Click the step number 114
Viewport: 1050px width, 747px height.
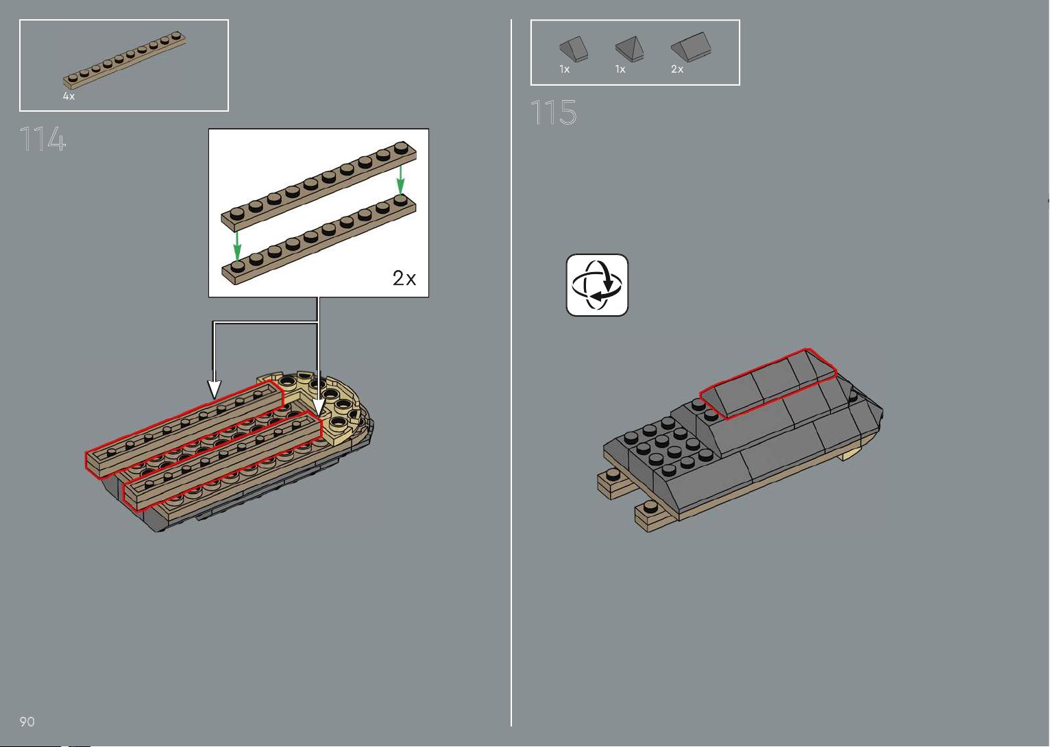(x=42, y=138)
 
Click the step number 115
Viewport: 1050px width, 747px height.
(x=554, y=112)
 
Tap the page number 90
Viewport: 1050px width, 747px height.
(x=27, y=721)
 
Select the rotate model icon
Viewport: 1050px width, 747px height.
(x=597, y=285)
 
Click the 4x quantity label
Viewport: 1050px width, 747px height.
(x=69, y=96)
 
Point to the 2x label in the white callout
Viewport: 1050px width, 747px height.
(x=404, y=278)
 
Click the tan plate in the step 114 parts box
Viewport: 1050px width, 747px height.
(x=124, y=60)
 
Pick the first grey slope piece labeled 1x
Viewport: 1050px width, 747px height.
(x=574, y=49)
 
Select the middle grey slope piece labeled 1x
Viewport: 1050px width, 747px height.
(x=630, y=49)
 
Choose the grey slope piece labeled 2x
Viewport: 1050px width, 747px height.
(x=691, y=47)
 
